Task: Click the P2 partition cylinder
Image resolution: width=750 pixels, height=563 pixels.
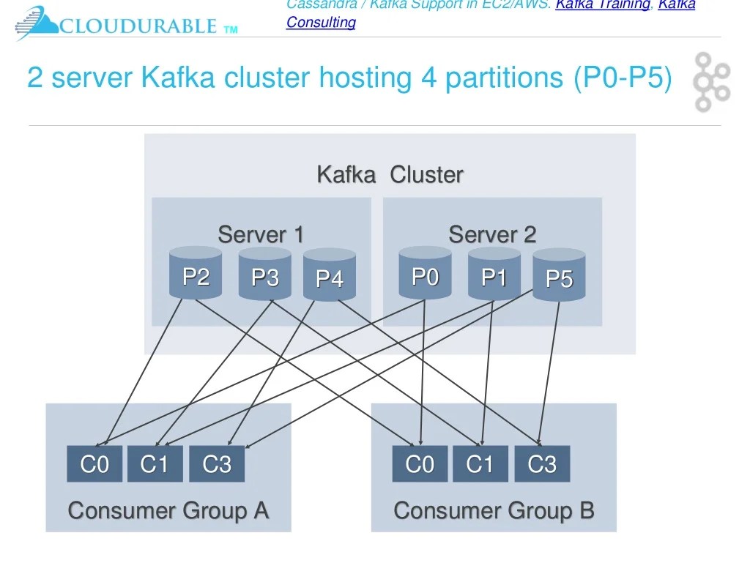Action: pyautogui.click(x=196, y=274)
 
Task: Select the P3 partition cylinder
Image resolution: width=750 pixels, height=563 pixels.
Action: pyautogui.click(x=265, y=275)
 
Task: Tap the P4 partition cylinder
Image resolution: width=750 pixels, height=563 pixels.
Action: pyautogui.click(x=329, y=276)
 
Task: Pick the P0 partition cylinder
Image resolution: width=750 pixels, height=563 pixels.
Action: pyautogui.click(x=425, y=274)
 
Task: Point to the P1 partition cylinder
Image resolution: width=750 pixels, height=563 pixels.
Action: pyautogui.click(x=494, y=275)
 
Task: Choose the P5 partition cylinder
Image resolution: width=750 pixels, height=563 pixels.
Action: pyautogui.click(x=559, y=276)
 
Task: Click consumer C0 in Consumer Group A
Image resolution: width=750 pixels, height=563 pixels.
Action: pyautogui.click(x=94, y=464)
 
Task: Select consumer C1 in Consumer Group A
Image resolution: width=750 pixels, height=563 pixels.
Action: pyautogui.click(x=155, y=464)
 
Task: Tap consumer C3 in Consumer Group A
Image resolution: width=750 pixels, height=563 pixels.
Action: pyautogui.click(x=217, y=464)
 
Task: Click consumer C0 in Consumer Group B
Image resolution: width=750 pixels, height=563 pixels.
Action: pyautogui.click(x=420, y=464)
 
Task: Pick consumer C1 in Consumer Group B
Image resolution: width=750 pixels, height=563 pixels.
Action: pyautogui.click(x=480, y=464)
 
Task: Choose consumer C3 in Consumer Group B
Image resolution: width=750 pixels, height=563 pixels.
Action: pyautogui.click(x=542, y=464)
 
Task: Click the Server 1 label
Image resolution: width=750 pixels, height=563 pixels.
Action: pyautogui.click(x=261, y=235)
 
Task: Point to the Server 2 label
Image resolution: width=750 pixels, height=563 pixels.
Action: pyautogui.click(x=492, y=235)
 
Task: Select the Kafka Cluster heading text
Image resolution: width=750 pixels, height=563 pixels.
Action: pyautogui.click(x=390, y=175)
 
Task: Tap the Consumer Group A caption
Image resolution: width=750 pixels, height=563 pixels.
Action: pyautogui.click(x=168, y=510)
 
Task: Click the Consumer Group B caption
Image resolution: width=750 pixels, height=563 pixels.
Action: pyautogui.click(x=494, y=510)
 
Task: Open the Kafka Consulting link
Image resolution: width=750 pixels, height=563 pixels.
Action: pyautogui.click(x=321, y=22)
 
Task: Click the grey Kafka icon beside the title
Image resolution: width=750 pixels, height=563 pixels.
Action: pyautogui.click(x=711, y=81)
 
